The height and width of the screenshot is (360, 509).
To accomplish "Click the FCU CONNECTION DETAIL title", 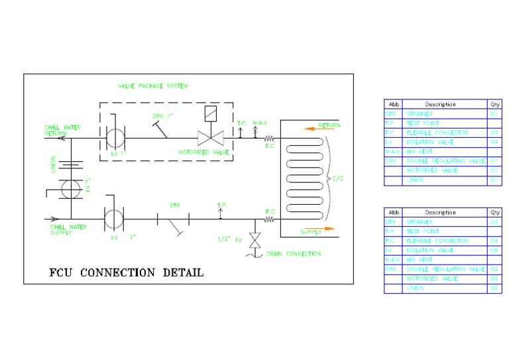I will point(127,272).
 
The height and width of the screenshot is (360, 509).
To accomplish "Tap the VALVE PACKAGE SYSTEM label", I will point(153,86).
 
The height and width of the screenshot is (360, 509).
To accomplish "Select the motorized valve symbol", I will point(210,138).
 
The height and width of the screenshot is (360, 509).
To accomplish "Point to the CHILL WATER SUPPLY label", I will point(68,229).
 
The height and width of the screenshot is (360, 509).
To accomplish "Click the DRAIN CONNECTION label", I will point(293,253).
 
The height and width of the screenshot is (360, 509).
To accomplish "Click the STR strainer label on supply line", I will point(174,206).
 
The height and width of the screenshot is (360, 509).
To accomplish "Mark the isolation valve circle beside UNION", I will point(70,188).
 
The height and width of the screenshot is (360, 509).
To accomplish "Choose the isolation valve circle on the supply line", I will point(114,217).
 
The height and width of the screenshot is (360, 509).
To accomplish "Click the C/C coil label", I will point(338,178).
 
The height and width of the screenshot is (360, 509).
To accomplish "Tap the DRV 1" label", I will point(162,116).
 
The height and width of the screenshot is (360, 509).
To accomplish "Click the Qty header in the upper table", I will point(494,104).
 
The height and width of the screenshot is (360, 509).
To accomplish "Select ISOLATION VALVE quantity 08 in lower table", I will point(494,251).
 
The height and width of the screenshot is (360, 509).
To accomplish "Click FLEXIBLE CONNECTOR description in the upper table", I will point(437,133).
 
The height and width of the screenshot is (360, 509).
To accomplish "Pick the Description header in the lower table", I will point(440,212).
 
